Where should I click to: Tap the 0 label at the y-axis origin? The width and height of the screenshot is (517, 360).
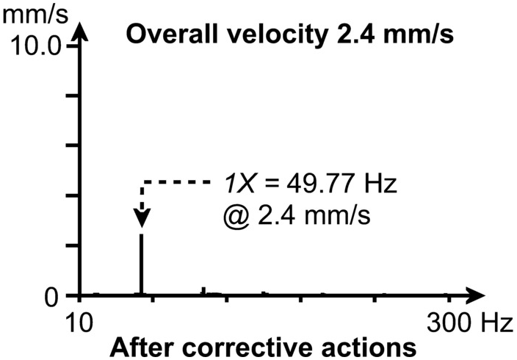tap(51, 297)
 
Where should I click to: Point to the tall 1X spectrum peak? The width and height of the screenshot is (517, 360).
tap(142, 264)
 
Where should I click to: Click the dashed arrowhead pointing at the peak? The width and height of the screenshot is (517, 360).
tap(142, 218)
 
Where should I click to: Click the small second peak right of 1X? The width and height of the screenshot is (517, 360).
tap(203, 292)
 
